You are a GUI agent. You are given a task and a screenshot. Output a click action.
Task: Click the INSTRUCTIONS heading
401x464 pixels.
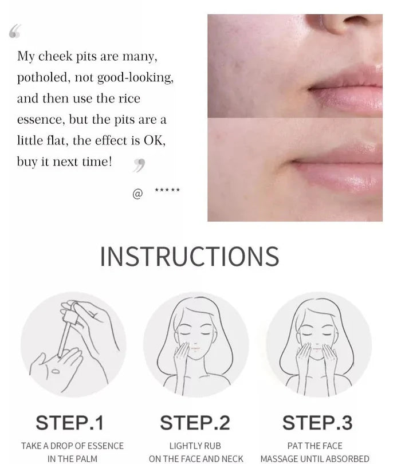point(189,256)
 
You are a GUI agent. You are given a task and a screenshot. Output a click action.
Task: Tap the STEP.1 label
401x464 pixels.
point(70,423)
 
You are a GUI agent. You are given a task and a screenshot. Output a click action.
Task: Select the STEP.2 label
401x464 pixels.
point(195,423)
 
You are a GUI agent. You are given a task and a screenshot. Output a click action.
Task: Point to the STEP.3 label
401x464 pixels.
point(318,423)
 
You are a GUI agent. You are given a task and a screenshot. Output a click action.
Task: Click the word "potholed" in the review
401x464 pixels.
point(42,78)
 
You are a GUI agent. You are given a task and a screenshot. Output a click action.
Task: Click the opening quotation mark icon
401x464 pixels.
point(15,32)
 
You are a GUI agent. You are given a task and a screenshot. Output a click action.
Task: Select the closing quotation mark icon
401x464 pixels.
point(139,166)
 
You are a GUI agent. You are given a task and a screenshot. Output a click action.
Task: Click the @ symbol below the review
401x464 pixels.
point(137,194)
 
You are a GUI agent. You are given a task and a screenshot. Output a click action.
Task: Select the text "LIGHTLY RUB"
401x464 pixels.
point(195,446)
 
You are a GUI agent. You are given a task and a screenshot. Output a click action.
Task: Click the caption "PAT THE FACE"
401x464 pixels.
point(315,446)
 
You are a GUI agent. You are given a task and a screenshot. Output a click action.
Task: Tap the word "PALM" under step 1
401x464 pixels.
point(86,458)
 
